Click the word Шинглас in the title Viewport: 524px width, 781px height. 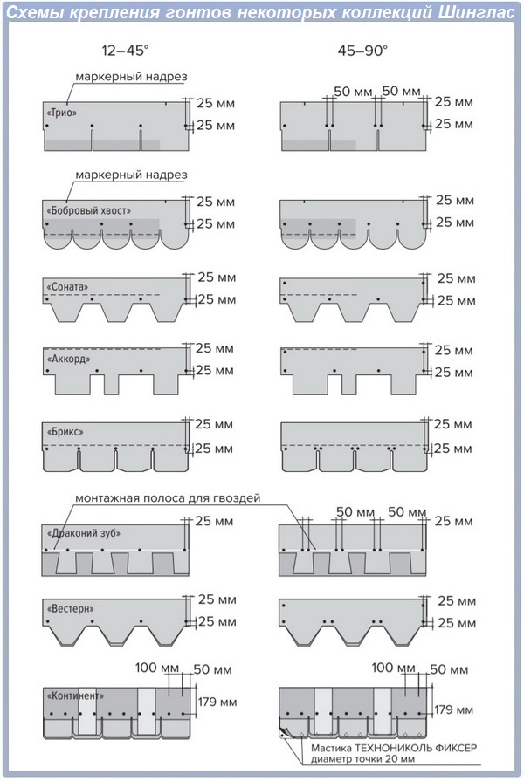point(477,12)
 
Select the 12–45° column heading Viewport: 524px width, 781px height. point(125,51)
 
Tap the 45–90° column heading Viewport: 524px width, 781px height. point(362,51)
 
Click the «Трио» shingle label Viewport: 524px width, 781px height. point(62,113)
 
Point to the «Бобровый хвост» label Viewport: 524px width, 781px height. point(88,210)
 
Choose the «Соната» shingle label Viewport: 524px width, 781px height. point(66,287)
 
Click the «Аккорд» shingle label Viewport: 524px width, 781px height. point(68,359)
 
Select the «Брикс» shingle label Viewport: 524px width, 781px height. point(65,431)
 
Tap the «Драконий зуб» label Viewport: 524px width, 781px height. point(83,533)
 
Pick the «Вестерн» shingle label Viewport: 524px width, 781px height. point(70,609)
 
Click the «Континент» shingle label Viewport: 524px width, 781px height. point(75,695)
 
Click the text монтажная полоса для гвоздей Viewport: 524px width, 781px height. point(168,498)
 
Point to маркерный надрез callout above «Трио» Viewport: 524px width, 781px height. point(131,77)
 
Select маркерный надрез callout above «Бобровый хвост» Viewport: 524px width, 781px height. point(131,175)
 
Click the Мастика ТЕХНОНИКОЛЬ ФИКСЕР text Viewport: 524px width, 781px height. point(394,748)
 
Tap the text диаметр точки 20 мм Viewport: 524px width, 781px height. point(363,759)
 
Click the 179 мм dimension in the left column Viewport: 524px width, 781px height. point(217,702)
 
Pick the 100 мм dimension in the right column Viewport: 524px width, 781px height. point(393,668)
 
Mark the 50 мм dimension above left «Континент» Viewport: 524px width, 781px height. point(213,669)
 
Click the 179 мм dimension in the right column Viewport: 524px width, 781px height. point(453,709)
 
